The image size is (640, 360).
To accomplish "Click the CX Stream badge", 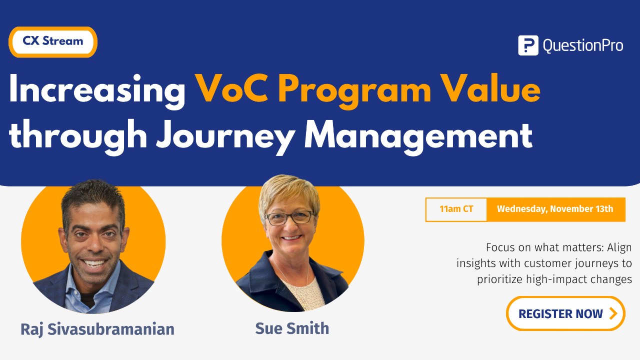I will tap(52, 41).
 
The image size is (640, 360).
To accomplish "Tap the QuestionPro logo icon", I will tap(528, 45).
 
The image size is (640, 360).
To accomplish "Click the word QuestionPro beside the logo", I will tap(582, 46).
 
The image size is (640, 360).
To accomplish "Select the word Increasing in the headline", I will tap(97, 90).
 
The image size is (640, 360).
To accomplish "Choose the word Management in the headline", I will tap(418, 135).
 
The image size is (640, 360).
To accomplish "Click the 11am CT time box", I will tap(456, 209).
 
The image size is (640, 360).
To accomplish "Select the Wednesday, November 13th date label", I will tap(555, 209).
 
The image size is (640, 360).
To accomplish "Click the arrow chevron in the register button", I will tap(612, 313).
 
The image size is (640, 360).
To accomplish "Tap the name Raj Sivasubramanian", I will tap(97, 329).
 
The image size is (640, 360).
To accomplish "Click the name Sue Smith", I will tap(292, 328).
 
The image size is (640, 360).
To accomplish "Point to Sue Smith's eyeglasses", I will tap(289, 217).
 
